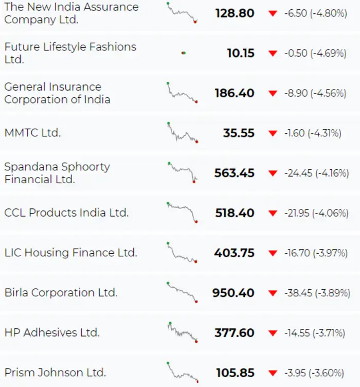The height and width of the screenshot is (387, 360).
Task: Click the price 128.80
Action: [235, 13]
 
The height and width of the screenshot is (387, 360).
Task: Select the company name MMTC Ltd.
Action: [32, 133]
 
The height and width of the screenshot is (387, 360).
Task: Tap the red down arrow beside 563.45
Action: [273, 173]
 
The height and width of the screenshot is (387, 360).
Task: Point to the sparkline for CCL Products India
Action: [182, 212]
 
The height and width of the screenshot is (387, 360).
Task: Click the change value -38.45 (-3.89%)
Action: [314, 293]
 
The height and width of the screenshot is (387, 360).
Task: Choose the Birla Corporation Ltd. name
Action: [61, 293]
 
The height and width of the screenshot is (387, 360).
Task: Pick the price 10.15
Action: [240, 53]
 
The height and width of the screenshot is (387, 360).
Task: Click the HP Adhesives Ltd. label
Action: [52, 332]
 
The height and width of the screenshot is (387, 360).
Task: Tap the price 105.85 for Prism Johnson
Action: [235, 373]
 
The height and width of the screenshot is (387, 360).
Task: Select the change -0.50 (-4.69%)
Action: [315, 53]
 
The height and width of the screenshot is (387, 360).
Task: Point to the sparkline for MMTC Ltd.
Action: [182, 133]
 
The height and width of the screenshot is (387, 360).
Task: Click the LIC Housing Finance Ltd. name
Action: [70, 253]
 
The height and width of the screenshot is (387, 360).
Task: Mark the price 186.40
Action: [235, 93]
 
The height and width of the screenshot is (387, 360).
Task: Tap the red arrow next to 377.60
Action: [273, 333]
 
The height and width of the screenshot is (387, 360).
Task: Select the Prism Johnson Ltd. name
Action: [55, 373]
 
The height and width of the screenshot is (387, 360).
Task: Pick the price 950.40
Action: [233, 293]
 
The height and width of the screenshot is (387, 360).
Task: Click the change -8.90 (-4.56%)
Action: [315, 93]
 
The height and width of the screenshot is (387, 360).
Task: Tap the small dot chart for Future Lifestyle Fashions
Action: [183, 53]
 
